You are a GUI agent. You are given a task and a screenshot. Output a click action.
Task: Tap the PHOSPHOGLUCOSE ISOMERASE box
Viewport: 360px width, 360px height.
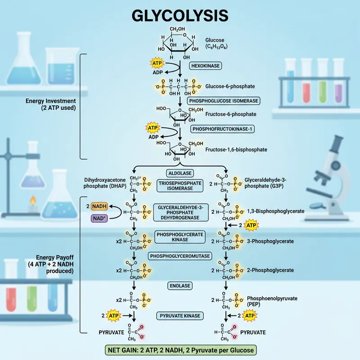[x=217, y=100]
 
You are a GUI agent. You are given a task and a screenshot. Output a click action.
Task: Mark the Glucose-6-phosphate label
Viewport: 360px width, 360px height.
[x=230, y=86]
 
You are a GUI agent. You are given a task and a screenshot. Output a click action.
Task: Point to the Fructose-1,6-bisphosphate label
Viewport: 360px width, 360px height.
[x=236, y=149]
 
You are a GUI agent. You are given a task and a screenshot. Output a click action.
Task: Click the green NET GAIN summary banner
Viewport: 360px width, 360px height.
[x=180, y=350]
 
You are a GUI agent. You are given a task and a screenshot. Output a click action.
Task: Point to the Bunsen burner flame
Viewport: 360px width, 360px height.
[x=32, y=199]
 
